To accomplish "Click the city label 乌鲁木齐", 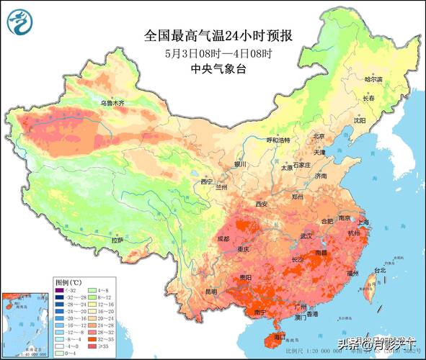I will pyautogui.click(x=112, y=103).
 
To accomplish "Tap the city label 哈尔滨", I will pyautogui.click(x=373, y=79).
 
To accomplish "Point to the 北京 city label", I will pyautogui.click(x=319, y=135).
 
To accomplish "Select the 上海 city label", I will pyautogui.click(x=363, y=222).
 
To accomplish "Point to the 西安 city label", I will pyautogui.click(x=261, y=204).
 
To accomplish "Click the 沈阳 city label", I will pyautogui.click(x=359, y=121).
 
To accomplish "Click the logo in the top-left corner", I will pyautogui.click(x=19, y=22).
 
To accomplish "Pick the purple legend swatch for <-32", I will pyautogui.click(x=62, y=289).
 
